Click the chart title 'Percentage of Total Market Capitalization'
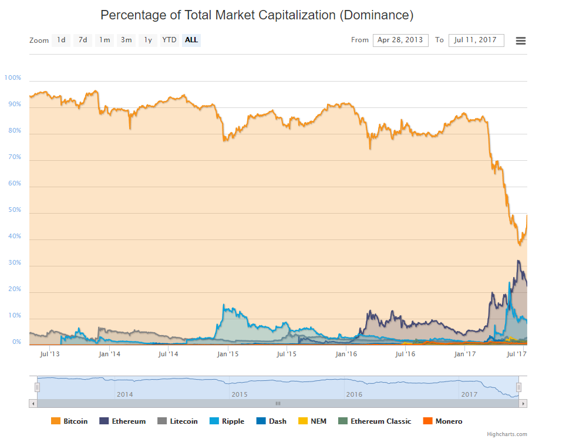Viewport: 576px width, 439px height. pyautogui.click(x=257, y=15)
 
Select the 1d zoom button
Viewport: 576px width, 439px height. pyautogui.click(x=61, y=40)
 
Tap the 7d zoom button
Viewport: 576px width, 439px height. pyautogui.click(x=83, y=40)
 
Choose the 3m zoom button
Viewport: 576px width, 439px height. pyautogui.click(x=126, y=40)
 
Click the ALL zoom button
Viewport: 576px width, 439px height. pyautogui.click(x=191, y=40)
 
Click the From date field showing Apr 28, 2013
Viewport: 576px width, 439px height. pyautogui.click(x=400, y=40)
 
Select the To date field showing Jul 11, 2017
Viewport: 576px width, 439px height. pyautogui.click(x=476, y=40)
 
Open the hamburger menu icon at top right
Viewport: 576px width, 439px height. pyautogui.click(x=520, y=40)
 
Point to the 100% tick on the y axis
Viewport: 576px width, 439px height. pyautogui.click(x=13, y=77)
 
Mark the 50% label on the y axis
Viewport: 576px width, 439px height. pyautogui.click(x=14, y=210)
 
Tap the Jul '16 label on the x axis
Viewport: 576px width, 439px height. pyautogui.click(x=405, y=354)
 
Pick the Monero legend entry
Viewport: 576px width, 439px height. pyautogui.click(x=443, y=421)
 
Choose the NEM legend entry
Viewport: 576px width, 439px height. pyautogui.click(x=313, y=421)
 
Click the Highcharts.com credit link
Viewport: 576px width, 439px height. pyautogui.click(x=507, y=434)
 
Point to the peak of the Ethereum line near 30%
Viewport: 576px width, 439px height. pyautogui.click(x=518, y=261)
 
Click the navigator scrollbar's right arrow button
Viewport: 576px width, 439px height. pyautogui.click(x=523, y=403)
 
